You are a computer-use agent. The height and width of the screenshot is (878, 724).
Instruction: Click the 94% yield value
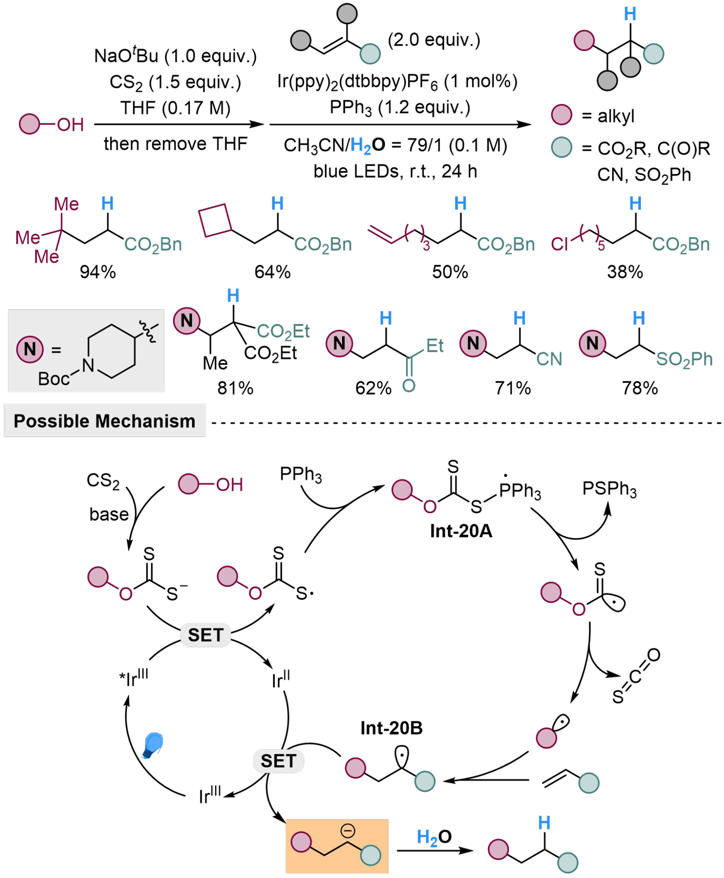[98, 272]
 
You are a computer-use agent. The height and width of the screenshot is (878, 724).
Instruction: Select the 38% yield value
[625, 272]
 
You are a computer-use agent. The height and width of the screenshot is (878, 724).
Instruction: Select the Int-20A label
[461, 531]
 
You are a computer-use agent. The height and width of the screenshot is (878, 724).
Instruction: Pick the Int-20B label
[391, 728]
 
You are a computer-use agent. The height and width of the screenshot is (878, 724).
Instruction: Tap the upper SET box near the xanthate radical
[205, 635]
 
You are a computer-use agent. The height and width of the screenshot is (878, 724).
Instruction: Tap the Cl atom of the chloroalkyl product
[559, 244]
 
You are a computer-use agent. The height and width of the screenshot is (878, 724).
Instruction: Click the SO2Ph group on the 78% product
[684, 359]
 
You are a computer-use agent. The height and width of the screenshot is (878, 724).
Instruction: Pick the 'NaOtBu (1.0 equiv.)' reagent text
[175, 56]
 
